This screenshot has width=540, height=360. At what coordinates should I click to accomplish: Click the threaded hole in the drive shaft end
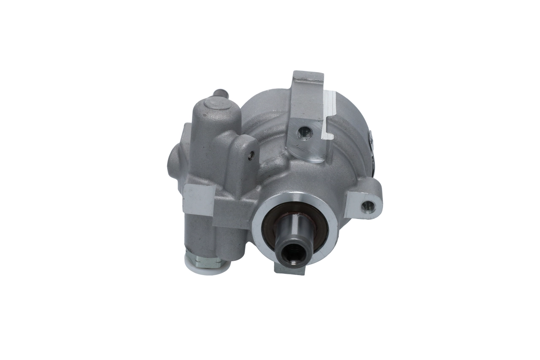[x=294, y=253]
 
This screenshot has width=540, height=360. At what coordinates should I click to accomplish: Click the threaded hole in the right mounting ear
[x=368, y=206]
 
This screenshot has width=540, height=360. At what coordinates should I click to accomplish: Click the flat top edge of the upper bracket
[x=308, y=76]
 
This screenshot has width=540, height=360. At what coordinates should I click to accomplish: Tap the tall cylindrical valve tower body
[x=211, y=139]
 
